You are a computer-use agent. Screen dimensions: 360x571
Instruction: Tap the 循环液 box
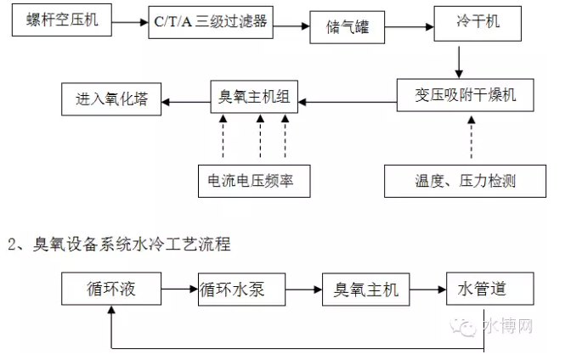(111, 290)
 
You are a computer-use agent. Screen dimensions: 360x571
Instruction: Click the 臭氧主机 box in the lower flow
(365, 290)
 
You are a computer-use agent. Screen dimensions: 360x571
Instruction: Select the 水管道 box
(481, 290)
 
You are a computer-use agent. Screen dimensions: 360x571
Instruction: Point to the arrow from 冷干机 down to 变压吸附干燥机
(459, 62)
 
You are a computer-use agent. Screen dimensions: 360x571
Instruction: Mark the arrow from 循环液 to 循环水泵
(179, 290)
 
